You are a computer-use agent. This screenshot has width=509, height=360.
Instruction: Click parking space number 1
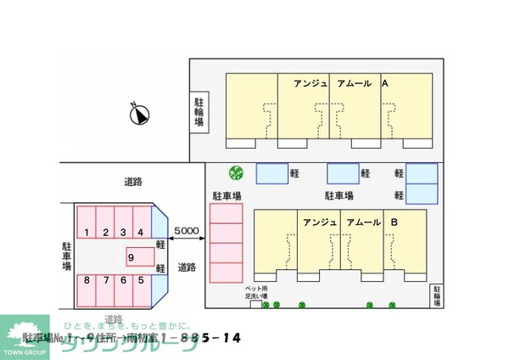click(87, 232)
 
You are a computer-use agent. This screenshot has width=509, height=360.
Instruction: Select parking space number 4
click(141, 232)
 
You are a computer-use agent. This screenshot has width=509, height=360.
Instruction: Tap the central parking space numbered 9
click(131, 256)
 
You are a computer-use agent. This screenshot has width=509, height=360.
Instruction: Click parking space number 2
click(105, 232)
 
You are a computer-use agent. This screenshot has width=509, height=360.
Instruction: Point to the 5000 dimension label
click(186, 230)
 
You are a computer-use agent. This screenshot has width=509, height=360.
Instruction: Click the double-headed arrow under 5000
click(186, 242)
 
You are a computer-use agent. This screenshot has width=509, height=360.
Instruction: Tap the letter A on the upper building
click(384, 84)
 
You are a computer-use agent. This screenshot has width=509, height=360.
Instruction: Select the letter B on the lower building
click(394, 222)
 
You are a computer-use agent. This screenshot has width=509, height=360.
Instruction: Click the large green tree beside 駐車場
click(236, 172)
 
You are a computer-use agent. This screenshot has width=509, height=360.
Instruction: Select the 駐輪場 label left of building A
click(199, 112)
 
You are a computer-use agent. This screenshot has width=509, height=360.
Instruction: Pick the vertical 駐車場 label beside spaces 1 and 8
click(66, 255)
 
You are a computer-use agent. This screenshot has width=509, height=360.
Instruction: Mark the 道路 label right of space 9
click(187, 267)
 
